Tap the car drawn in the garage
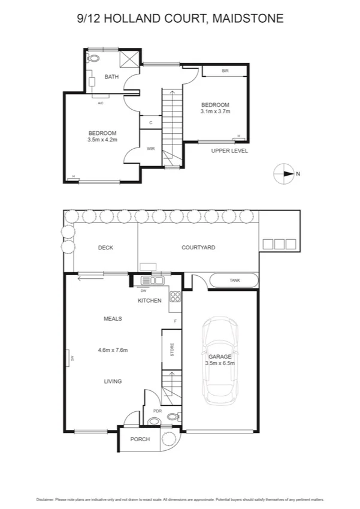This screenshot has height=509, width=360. (220, 360)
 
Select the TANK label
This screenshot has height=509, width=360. (234, 281)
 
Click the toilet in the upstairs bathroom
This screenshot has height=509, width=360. (94, 58)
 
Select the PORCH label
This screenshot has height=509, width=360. (140, 439)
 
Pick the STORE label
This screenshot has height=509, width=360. (172, 350)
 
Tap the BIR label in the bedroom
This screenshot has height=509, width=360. (225, 71)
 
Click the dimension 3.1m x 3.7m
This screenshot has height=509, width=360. (215, 111)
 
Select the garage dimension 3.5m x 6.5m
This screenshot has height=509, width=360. (220, 363)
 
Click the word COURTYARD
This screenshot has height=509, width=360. (198, 247)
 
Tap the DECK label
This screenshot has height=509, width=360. (105, 247)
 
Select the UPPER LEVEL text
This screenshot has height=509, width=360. (229, 150)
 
